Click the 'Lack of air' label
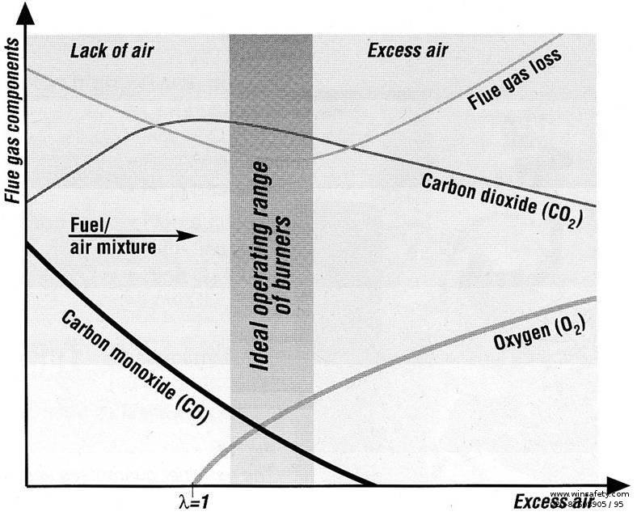[x=112, y=51]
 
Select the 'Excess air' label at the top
[x=407, y=51]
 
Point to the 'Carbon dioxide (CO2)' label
[x=502, y=199]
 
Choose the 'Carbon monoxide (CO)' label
[x=134, y=365]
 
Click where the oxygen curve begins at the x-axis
[x=193, y=484]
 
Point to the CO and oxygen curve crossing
[x=255, y=426]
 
